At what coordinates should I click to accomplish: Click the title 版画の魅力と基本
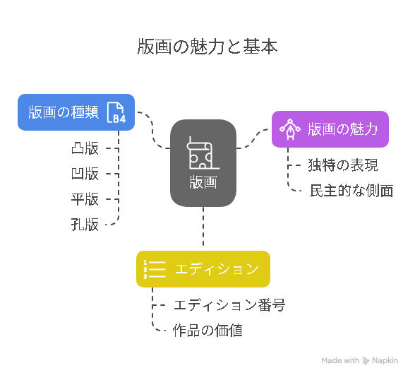[x=207, y=47]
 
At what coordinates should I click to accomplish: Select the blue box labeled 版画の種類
[x=76, y=112]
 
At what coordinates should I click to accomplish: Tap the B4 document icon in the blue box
[x=116, y=112]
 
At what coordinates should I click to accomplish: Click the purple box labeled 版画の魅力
[x=330, y=129]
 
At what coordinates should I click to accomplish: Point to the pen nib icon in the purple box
[x=290, y=129]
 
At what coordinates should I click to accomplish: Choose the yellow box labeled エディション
[x=203, y=269]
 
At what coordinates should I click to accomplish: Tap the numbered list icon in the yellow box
[x=155, y=270]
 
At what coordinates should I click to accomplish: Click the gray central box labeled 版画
[x=203, y=163]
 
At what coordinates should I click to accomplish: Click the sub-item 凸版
[x=85, y=148]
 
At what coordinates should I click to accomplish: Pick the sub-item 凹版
[x=85, y=174]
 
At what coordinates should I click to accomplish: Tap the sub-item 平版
[x=85, y=199]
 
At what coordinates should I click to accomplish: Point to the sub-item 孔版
[x=85, y=225]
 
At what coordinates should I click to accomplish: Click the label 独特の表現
[x=343, y=165]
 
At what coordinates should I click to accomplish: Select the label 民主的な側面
[x=351, y=191]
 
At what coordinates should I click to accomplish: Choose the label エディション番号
[x=229, y=305]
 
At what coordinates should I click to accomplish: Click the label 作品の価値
[x=207, y=331]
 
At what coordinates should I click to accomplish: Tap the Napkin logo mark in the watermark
[x=366, y=361]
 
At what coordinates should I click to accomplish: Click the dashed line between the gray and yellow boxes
[x=203, y=227]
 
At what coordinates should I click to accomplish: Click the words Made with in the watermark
[x=340, y=361]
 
